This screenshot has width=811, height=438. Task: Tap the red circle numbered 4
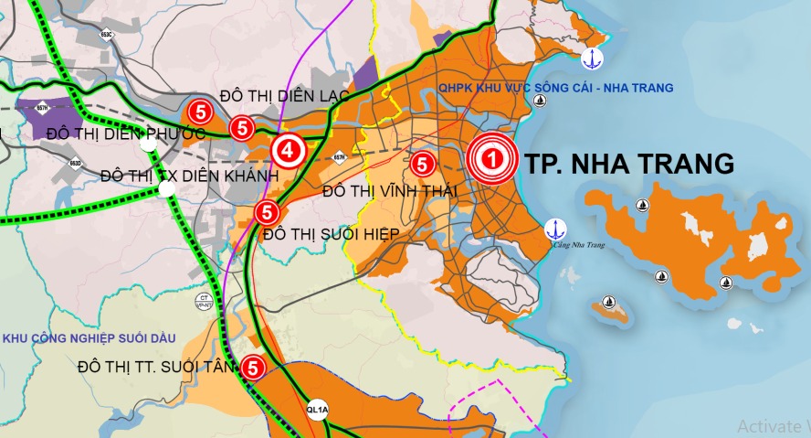[x=287, y=150]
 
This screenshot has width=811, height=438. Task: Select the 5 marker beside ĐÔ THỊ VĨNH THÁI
[x=422, y=165]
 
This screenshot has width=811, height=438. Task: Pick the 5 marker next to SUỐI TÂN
[x=253, y=367]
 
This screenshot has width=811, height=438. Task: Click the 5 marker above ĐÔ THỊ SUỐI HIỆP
[x=266, y=213]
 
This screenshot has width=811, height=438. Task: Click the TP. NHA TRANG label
[x=629, y=164]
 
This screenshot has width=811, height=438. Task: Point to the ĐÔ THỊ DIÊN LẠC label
[x=285, y=96]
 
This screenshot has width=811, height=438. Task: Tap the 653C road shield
[x=107, y=35]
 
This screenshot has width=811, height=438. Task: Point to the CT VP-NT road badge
[x=205, y=301]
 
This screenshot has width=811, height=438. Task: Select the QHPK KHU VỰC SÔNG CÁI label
[x=555, y=88]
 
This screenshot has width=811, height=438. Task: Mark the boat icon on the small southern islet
[x=609, y=303]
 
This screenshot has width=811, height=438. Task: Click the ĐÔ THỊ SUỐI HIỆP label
[x=332, y=234]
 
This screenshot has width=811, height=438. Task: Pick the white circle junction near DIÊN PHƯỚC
[x=147, y=144]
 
